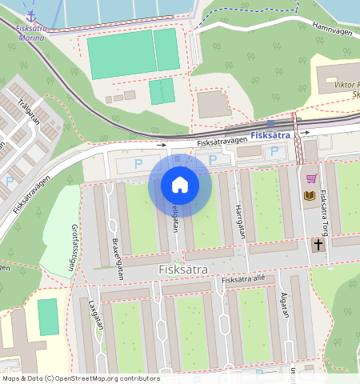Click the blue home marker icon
pyautogui.click(x=180, y=186)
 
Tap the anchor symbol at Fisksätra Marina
pyautogui.click(x=31, y=14)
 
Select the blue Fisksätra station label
pyautogui.click(x=269, y=135)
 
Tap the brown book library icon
pyautogui.click(x=309, y=195)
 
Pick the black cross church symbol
pyautogui.click(x=318, y=245)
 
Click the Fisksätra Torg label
pyautogui.click(x=323, y=210)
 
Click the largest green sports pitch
pyautogui.click(x=122, y=54)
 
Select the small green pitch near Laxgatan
pyautogui.click(x=49, y=317)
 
